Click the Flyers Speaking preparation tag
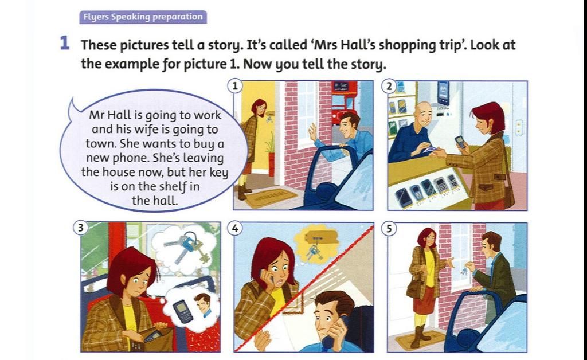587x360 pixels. tap(143, 17)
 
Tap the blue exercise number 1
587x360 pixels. tap(65, 44)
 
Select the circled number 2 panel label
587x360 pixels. tap(389, 87)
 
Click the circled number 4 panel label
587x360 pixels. tap(234, 228)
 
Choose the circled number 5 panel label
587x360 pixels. tap(389, 228)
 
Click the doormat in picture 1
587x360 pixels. tap(269, 198)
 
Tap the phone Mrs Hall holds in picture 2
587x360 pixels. tap(460, 142)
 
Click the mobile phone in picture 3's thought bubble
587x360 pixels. tap(182, 310)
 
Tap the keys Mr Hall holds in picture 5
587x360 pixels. tap(464, 269)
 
